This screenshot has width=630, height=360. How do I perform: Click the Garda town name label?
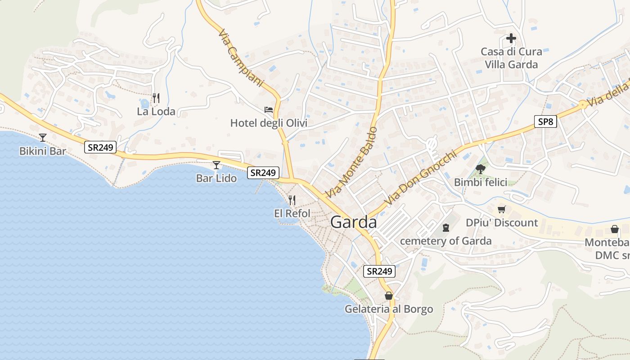[x=353, y=222]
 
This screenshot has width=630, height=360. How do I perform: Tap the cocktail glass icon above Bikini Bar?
[x=43, y=137]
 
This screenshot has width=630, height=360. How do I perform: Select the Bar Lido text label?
[x=216, y=178]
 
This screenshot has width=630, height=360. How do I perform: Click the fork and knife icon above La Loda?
[x=156, y=98]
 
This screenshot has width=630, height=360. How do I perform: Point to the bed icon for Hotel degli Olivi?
[x=269, y=109]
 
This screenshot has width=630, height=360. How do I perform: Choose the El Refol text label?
[x=292, y=213]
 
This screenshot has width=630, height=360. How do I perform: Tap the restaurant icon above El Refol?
[x=292, y=200]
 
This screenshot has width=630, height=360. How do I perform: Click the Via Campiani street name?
[x=240, y=58]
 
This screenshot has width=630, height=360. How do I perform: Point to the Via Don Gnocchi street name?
[x=420, y=178]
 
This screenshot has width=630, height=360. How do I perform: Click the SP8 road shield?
[x=546, y=121]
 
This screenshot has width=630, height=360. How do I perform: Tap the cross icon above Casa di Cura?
[x=511, y=38]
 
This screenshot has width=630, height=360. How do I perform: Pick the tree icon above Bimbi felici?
[x=480, y=169]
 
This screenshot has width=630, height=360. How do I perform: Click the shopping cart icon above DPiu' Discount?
[x=502, y=209]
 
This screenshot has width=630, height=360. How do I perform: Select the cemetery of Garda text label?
[x=445, y=241]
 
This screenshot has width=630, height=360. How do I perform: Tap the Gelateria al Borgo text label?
[x=389, y=309]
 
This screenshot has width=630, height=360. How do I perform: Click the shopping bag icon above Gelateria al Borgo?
[x=389, y=296]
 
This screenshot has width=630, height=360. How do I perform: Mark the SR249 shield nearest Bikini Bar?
[x=100, y=147]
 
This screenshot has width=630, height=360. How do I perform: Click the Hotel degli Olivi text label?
[x=269, y=123]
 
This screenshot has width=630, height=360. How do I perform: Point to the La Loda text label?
[x=156, y=112]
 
